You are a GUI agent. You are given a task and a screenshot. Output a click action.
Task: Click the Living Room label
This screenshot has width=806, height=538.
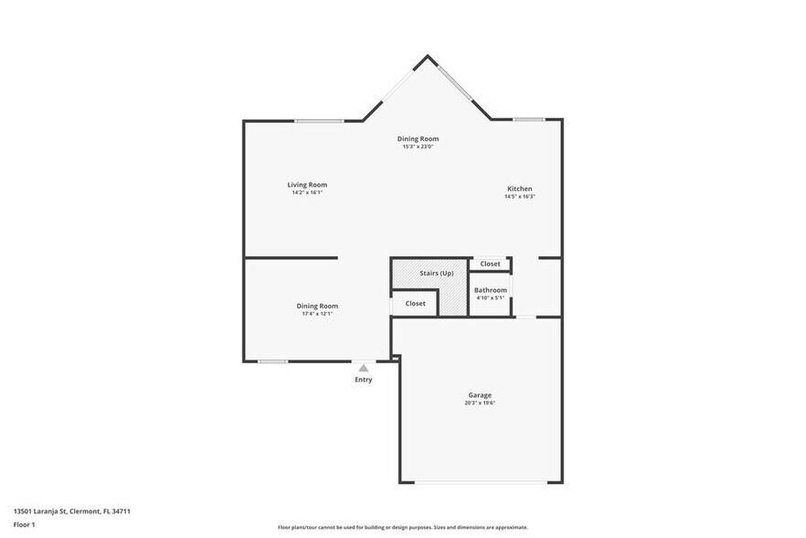(x=307, y=185)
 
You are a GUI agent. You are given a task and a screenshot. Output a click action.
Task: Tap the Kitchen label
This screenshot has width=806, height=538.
(x=519, y=188)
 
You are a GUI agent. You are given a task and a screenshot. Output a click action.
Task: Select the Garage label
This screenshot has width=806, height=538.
(x=480, y=394)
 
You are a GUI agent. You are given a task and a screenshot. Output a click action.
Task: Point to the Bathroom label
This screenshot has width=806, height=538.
(x=490, y=290)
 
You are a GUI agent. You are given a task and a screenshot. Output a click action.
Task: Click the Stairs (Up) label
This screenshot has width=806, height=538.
(x=436, y=274)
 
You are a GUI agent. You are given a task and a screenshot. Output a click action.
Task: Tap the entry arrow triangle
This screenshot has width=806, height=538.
(x=364, y=368)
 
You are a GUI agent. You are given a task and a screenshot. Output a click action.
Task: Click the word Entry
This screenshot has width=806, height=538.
(x=364, y=380)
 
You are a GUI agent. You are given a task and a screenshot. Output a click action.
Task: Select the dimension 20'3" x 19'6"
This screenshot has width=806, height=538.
(x=480, y=403)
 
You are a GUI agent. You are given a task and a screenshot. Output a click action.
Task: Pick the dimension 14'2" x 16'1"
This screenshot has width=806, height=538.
(x=307, y=193)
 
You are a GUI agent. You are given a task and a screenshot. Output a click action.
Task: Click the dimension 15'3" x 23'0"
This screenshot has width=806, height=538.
(x=418, y=146)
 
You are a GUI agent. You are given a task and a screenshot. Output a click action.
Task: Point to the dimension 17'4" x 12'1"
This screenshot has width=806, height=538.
(x=317, y=314)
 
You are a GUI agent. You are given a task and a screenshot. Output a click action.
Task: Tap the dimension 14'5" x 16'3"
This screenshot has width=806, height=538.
(x=519, y=197)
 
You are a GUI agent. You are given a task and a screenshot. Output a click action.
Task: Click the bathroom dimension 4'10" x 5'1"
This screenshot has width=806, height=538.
(x=490, y=297)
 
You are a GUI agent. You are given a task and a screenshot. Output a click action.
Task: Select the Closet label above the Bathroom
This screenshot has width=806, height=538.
(x=490, y=264)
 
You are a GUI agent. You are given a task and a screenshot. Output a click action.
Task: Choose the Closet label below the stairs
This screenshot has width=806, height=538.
(x=415, y=303)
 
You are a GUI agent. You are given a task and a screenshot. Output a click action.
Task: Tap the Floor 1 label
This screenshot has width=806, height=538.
(x=25, y=524)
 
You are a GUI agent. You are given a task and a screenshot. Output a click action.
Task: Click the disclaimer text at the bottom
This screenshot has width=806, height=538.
(x=402, y=527)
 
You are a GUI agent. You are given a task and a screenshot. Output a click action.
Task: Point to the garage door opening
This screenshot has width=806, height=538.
(x=480, y=482)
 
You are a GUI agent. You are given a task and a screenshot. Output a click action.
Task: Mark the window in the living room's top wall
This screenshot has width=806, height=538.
(x=319, y=121)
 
